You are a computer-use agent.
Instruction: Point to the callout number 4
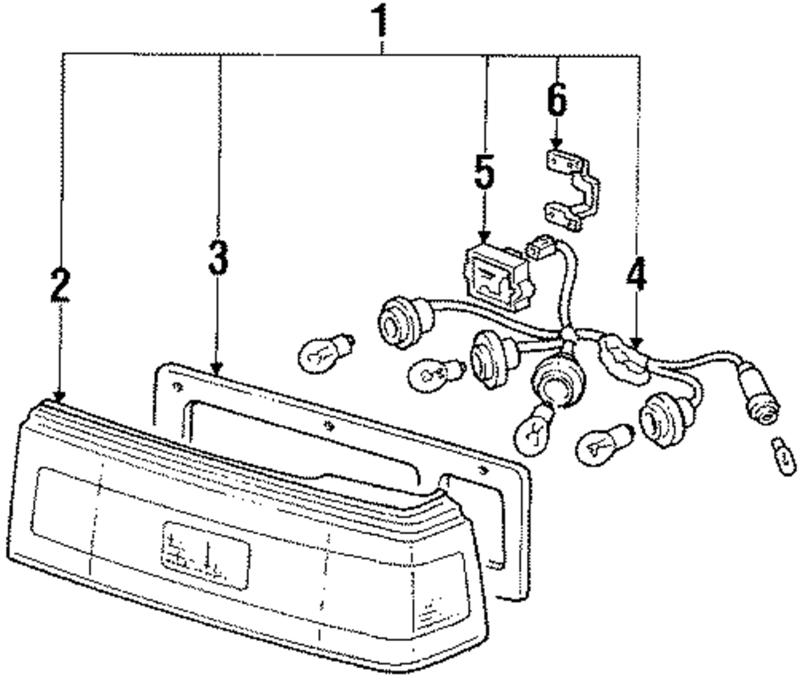635,277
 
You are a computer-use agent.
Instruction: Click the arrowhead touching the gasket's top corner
218,369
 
